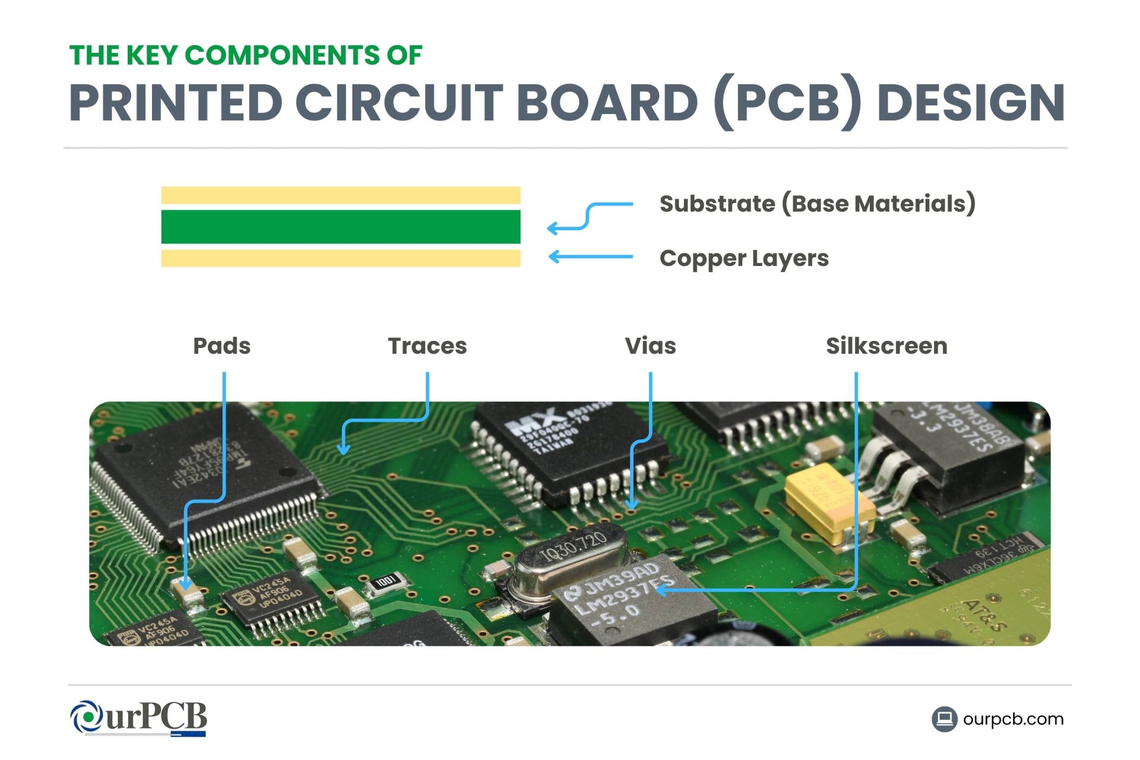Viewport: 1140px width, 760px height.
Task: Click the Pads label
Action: click(221, 346)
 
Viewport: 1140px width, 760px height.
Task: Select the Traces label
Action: click(427, 346)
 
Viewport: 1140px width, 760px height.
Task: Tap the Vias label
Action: click(650, 346)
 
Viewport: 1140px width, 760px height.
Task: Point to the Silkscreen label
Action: click(886, 346)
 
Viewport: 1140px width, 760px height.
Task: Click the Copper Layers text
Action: click(743, 258)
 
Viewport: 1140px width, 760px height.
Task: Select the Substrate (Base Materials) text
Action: click(817, 204)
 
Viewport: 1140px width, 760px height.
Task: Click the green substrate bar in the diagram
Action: click(340, 227)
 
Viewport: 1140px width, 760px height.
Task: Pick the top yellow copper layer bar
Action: click(340, 195)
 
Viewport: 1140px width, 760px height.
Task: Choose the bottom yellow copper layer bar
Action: click(340, 258)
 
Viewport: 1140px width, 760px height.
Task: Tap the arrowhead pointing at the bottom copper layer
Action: click(554, 256)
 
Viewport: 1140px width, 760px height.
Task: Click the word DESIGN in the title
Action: click(970, 103)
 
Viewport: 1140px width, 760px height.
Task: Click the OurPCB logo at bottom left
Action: click(139, 718)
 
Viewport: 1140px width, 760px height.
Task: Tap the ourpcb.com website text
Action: click(1013, 719)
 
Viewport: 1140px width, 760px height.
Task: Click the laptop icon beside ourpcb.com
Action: click(944, 719)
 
